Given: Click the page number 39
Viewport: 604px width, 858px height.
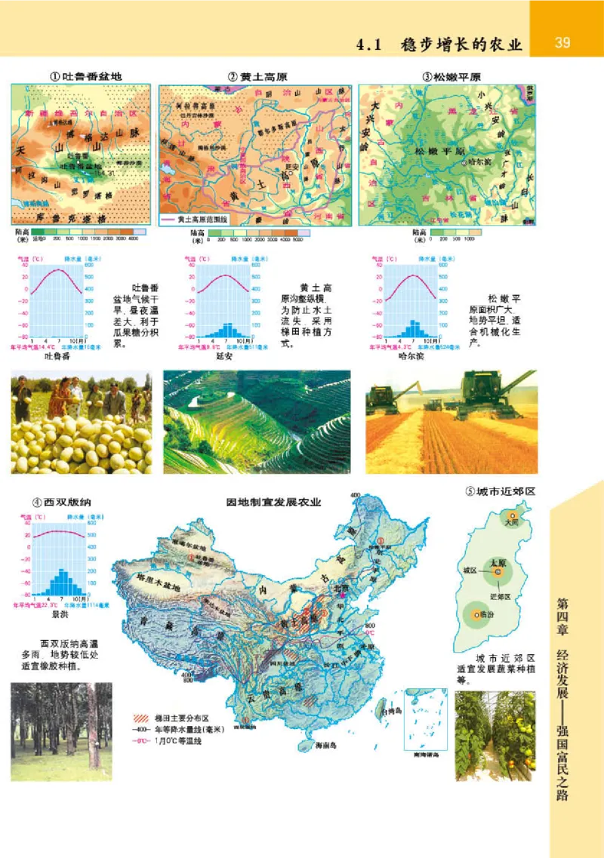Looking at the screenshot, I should coord(562,42).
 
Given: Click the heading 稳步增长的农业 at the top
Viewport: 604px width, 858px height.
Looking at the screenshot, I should coord(462,44).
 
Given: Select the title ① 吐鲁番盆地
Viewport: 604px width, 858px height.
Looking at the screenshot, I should coord(85,77).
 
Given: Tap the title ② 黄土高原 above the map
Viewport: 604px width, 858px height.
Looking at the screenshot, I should coord(254,77).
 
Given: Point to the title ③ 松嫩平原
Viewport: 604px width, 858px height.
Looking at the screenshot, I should coord(452,77).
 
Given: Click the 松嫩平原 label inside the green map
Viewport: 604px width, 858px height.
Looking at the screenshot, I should coord(436,151).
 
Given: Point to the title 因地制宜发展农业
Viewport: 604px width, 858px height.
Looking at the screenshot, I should coord(274,502).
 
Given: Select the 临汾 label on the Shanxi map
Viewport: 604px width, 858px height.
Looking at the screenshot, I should coord(481,615).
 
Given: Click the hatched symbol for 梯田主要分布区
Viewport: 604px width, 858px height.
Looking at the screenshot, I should coord(140,718).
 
